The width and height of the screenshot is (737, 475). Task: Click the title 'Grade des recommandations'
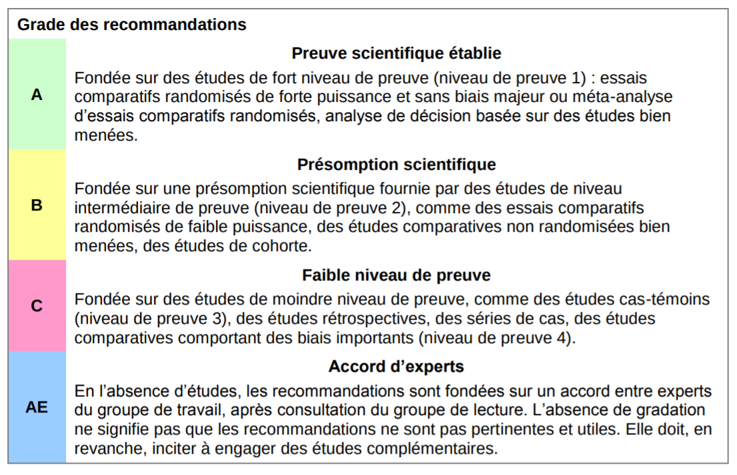coord(132,25)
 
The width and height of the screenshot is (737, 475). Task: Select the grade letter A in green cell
coord(37,95)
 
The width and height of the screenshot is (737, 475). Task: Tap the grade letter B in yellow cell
coord(37,205)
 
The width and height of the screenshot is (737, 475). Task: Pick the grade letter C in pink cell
coord(37,306)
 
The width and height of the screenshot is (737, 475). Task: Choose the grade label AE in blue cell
coord(37,406)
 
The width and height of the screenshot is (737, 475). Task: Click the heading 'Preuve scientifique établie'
coord(396,53)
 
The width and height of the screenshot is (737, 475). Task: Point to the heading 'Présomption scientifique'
coord(396,164)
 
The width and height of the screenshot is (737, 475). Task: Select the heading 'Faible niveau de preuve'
coord(396,275)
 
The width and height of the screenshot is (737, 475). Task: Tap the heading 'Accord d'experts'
coord(396,366)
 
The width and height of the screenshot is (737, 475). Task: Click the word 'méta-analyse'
coord(628,97)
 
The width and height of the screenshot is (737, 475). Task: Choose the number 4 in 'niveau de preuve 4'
coord(564,338)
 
